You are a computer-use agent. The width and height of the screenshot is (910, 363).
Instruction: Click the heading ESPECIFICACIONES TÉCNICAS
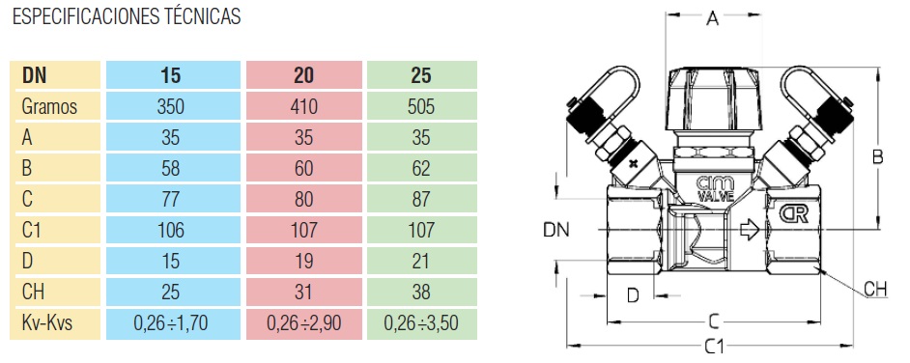127,16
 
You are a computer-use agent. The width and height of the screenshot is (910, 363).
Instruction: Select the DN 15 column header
172,75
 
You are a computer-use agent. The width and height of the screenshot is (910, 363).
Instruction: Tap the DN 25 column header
421,75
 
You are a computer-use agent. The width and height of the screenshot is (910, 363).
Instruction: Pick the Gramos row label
49,107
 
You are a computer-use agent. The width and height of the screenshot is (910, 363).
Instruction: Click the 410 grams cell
303,107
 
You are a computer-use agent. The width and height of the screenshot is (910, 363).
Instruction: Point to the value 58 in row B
172,168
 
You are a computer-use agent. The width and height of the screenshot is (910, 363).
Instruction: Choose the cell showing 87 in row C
421,200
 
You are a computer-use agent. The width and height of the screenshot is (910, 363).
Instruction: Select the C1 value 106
172,230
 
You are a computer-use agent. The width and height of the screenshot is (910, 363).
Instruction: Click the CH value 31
303,293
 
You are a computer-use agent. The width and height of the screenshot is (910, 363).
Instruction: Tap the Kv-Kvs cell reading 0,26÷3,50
421,323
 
